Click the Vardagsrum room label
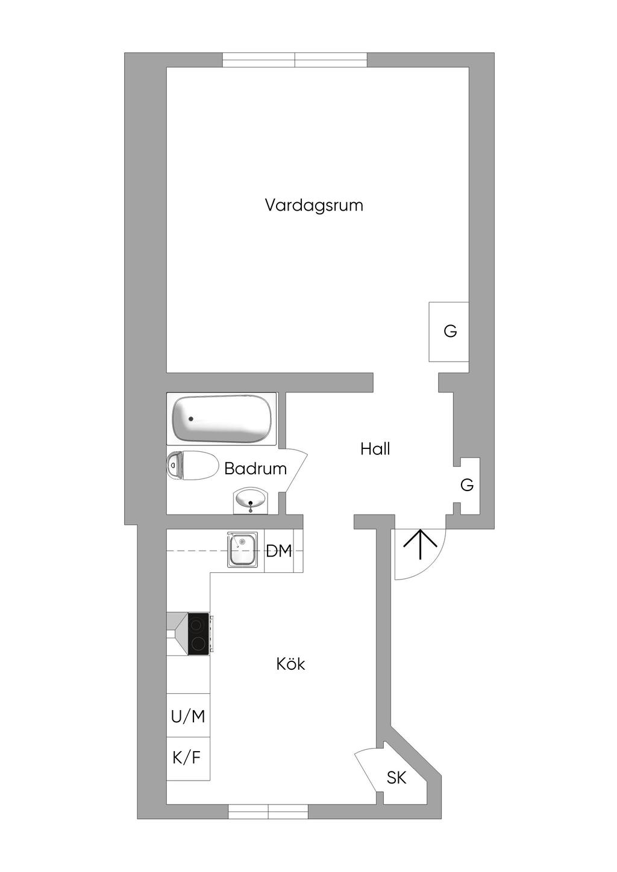(x=314, y=205)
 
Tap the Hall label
(x=375, y=449)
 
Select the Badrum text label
(x=255, y=469)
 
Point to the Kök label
(x=290, y=664)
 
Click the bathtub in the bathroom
(x=221, y=419)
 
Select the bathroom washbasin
(x=250, y=500)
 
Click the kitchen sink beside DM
(x=242, y=549)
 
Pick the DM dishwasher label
(x=279, y=551)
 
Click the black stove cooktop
(x=198, y=634)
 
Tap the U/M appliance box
(x=188, y=716)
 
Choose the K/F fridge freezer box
(x=187, y=758)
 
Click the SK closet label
(x=396, y=778)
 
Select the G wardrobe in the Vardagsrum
(x=449, y=331)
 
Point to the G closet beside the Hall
(x=468, y=485)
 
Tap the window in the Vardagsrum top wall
(x=295, y=60)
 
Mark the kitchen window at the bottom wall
(x=268, y=812)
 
